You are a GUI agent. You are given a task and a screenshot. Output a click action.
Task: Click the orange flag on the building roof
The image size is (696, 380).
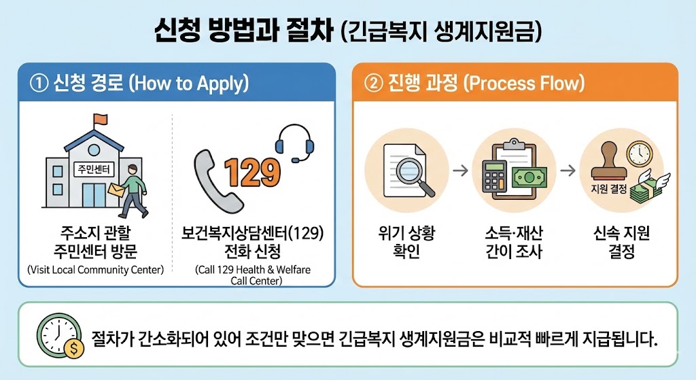coord(101,120)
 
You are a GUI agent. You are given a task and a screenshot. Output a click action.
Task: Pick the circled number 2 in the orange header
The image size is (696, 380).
coord(372,84)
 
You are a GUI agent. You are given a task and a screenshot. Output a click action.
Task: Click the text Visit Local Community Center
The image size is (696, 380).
coord(96,270)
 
